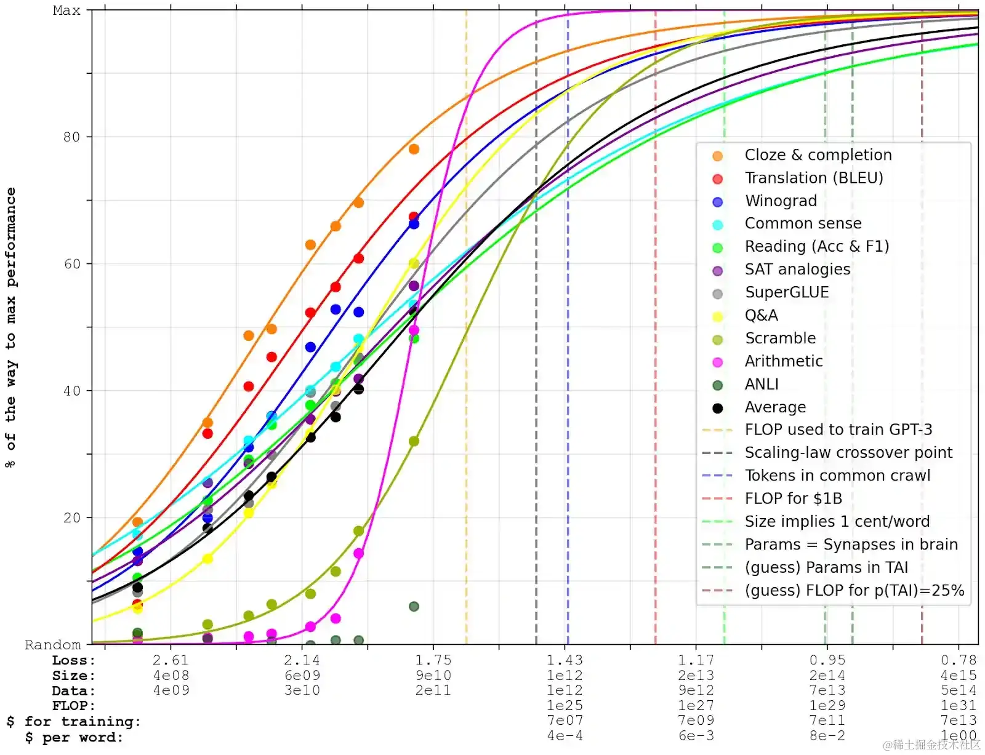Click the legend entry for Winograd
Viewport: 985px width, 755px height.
[781, 201]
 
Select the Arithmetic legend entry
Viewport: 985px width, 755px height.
[783, 361]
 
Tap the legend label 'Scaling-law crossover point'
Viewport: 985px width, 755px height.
[848, 453]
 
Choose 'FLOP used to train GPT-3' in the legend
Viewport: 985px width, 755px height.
[838, 429]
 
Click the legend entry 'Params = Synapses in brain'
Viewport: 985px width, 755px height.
[851, 545]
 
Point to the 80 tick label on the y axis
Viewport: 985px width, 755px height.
[71, 137]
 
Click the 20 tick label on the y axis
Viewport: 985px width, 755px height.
[71, 517]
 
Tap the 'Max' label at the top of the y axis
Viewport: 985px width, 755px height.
[66, 10]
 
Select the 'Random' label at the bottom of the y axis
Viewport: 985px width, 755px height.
[53, 645]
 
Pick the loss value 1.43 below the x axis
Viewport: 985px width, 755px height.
[565, 660]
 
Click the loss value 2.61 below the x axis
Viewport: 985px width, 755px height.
[171, 660]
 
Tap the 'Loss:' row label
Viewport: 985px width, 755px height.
[74, 660]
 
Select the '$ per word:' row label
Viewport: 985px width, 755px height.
[74, 737]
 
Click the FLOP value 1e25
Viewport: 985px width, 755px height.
[565, 706]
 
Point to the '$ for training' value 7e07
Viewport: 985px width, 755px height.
[565, 721]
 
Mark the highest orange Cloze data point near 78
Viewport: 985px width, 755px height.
[414, 150]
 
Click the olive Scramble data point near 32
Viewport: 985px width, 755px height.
[414, 441]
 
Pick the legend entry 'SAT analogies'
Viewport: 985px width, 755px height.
[797, 270]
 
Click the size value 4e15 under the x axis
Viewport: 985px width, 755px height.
[959, 676]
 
